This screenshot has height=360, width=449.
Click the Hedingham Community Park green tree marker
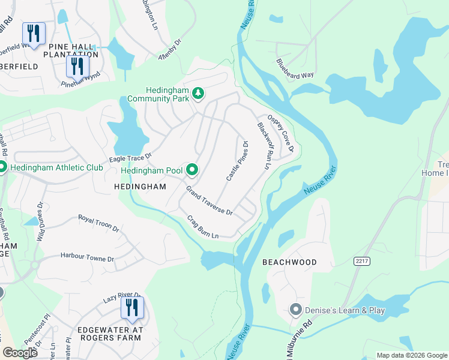point(198,94)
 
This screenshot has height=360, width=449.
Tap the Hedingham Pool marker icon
point(191,170)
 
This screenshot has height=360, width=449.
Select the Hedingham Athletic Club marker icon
point(2,167)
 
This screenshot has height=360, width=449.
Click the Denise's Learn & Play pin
point(295,310)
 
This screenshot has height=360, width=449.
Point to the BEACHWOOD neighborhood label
point(289,263)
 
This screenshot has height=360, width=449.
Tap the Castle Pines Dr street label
point(237,161)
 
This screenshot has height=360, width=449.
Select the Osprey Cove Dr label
point(280,133)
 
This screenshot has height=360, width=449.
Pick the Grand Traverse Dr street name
point(209,201)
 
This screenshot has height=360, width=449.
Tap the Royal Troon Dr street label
point(99,223)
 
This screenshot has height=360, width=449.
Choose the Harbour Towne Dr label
point(87,258)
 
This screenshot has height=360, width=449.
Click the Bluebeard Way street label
point(295,68)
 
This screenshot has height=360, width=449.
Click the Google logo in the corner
point(20,353)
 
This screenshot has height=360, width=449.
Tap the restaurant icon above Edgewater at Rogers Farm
point(131,308)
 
